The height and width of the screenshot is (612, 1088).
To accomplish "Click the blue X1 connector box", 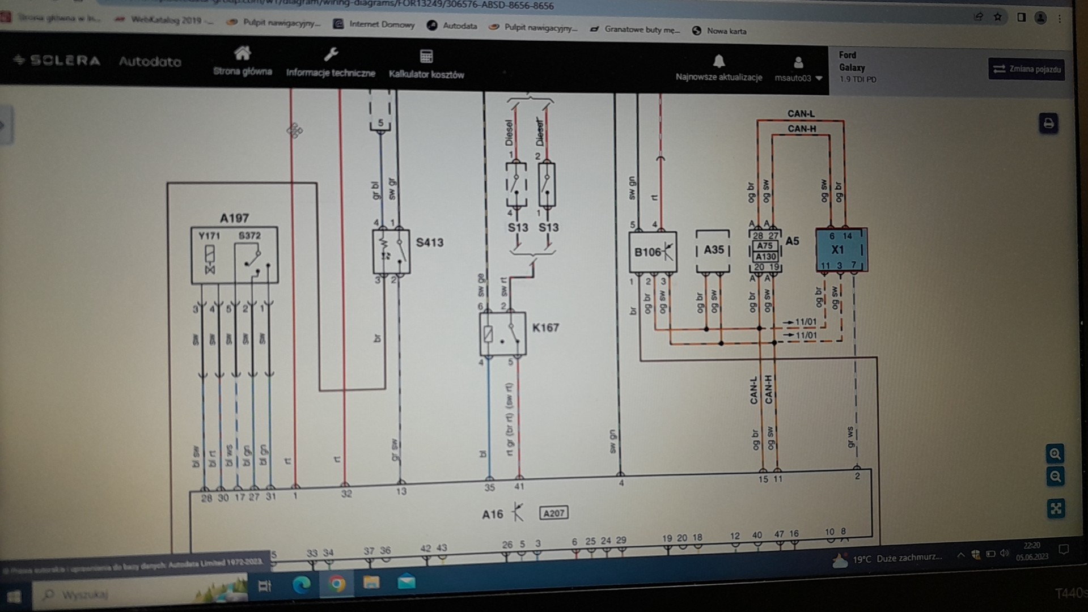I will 841,250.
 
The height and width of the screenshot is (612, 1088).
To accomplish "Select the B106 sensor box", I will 652,252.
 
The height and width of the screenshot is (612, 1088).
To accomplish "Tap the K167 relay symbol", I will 502,334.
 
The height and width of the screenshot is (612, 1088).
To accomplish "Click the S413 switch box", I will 391,252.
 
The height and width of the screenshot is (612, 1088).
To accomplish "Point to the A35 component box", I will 713,250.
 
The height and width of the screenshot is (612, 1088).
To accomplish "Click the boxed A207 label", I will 553,513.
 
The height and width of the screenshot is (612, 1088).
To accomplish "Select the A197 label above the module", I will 234,218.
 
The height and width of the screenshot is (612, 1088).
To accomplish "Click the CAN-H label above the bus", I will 801,129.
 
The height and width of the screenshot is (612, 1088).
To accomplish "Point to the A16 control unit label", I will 492,515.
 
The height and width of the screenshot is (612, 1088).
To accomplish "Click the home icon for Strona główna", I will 242,54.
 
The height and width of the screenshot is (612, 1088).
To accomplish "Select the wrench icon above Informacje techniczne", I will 331,54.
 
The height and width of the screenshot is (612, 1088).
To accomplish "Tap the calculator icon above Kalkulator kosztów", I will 426,56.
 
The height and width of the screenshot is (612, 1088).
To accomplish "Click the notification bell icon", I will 718,61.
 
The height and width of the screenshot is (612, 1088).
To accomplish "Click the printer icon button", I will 1048,124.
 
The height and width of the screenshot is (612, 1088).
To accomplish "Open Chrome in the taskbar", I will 337,584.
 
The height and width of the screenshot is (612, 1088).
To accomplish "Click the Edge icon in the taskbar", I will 301,584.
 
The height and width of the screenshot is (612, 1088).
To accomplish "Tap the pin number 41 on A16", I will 519,486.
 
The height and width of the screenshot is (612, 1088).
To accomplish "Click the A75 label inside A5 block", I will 765,246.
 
